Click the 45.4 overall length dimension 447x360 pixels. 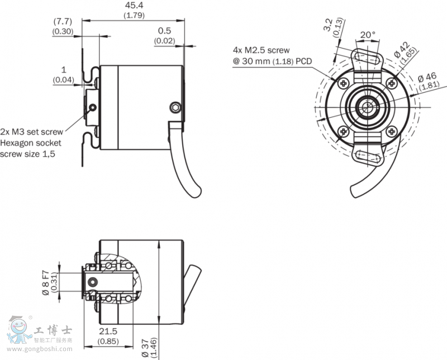(x=133, y=6)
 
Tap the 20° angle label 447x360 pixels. (x=367, y=35)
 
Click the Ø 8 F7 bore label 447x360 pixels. (x=46, y=281)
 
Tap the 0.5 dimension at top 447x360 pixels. (x=164, y=31)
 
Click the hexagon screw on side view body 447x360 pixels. (x=176, y=107)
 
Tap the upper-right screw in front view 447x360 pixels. (x=391, y=83)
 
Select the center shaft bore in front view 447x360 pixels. (x=367, y=107)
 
